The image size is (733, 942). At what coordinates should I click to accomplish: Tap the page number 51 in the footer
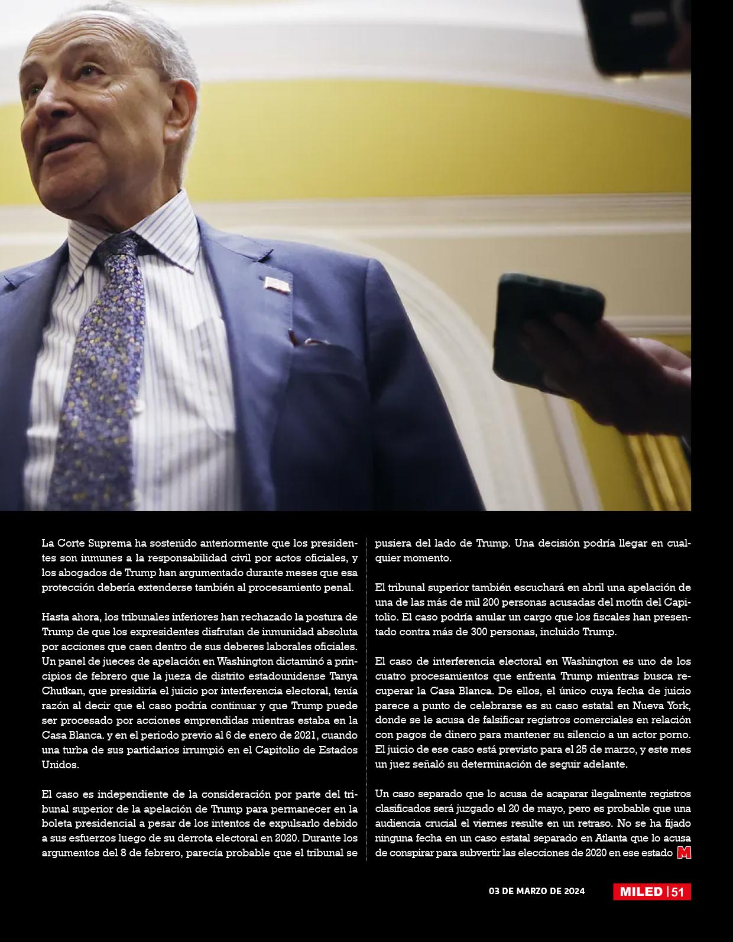click(x=677, y=892)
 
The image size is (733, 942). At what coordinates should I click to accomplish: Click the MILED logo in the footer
click(x=641, y=892)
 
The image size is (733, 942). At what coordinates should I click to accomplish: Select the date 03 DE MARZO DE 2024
click(x=537, y=891)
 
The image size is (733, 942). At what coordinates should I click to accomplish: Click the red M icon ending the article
click(x=684, y=853)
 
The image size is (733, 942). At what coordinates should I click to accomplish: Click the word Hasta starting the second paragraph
click(x=56, y=617)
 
